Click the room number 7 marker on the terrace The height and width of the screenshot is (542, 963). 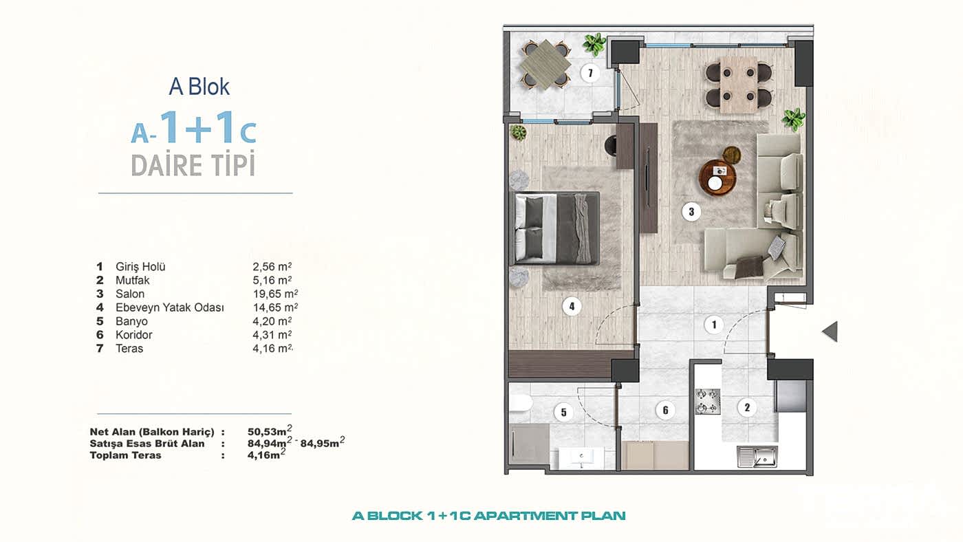pos(590,73)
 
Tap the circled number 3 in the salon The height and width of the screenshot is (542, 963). pos(691,211)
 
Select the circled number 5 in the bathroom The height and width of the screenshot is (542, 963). pos(563,413)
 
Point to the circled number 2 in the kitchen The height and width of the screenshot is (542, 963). pos(747,407)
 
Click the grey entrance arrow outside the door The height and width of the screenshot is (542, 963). pos(830,332)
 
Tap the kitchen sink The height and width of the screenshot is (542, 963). pos(757,457)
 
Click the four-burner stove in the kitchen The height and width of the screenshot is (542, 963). pos(708,402)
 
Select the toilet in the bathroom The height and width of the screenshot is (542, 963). pos(521,404)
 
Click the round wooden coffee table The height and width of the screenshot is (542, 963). pos(718,177)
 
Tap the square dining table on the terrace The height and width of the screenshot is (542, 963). pos(545,65)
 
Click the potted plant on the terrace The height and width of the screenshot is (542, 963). pos(594,45)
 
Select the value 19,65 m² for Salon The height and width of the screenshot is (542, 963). pos(275,294)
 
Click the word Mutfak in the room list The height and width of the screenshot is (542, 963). pos(132,280)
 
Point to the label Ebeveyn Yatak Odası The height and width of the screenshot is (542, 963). pos(170,307)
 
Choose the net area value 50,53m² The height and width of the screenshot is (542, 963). pos(270,431)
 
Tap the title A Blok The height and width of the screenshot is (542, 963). pos(199,87)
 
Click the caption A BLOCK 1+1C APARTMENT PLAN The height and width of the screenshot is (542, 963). pos(489,516)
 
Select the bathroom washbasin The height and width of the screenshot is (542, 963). pos(581,458)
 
